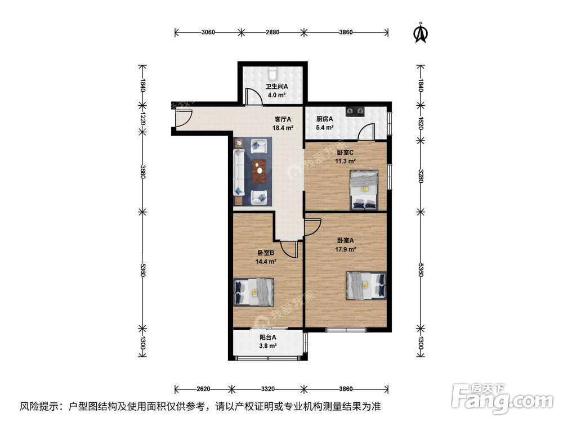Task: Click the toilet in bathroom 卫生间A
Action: point(272,73)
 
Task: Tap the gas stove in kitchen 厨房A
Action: point(355,111)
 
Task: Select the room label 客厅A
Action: point(282,119)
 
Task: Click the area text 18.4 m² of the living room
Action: point(282,128)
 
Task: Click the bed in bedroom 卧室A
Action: point(366,285)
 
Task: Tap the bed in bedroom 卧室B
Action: point(254,292)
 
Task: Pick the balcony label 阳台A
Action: point(268,338)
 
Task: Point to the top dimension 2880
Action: point(272,32)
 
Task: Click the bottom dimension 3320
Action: point(267,389)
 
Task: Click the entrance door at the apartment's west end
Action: point(181,117)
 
